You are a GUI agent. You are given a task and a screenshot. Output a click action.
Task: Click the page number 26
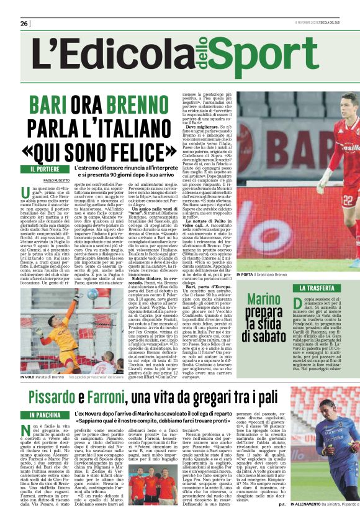(x=25, y=24)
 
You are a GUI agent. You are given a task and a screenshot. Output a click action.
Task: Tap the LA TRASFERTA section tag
(x=321, y=288)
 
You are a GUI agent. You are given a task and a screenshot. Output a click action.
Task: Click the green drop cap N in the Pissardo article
(x=27, y=430)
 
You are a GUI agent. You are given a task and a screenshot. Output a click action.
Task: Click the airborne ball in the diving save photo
(x=92, y=294)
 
